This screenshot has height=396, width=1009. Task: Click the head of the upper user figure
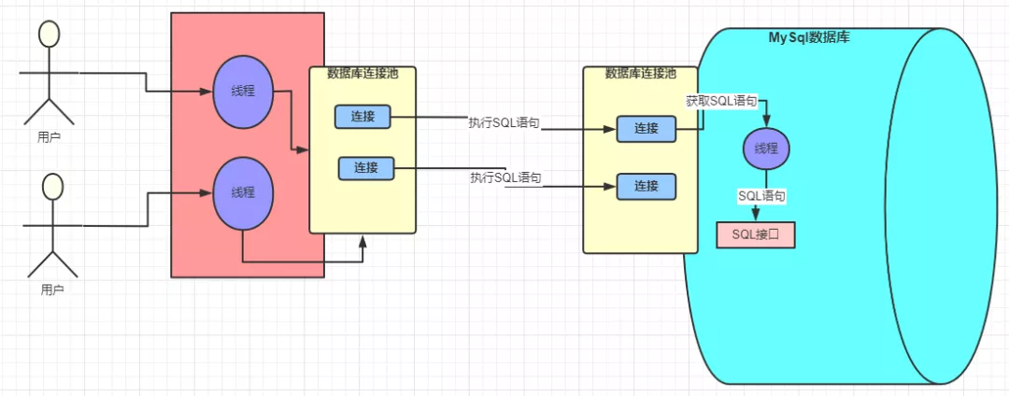(49, 34)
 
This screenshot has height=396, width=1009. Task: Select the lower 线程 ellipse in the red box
(242, 193)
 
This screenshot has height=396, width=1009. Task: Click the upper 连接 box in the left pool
(363, 117)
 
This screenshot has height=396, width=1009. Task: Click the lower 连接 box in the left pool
(366, 168)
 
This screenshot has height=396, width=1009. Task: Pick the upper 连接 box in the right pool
(646, 129)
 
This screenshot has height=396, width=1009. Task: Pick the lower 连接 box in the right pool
(646, 186)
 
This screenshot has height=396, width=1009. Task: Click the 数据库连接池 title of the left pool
(362, 74)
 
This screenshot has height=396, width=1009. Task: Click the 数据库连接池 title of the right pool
(640, 73)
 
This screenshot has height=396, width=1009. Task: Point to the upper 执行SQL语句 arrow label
(504, 123)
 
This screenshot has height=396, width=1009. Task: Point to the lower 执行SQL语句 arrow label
(505, 177)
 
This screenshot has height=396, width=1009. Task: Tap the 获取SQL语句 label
(720, 100)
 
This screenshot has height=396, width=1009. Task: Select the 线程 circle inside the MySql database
(767, 148)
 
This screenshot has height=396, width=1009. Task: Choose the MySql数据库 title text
(808, 37)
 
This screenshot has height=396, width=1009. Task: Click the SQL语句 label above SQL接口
(761, 196)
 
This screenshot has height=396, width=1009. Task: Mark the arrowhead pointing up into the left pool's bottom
(363, 241)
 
